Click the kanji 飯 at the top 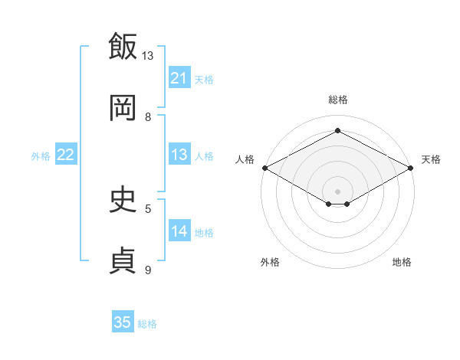coord(123,46)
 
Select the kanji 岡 coord(123,107)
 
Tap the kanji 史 coord(123,199)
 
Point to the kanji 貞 coord(123,260)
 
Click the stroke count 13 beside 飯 coord(147,56)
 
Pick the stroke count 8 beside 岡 coord(148,117)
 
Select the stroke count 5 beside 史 coord(148,209)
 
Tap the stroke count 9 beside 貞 coord(148,270)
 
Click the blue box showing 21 coord(179,77)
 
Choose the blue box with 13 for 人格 coord(179,154)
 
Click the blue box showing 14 coord(179,230)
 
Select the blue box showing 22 coord(66,154)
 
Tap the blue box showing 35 coord(123,321)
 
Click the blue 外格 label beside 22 coord(41,156)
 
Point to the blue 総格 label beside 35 coord(147,324)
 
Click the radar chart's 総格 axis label coord(338,100)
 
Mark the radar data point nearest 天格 coord(411,168)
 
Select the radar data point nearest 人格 coord(265,168)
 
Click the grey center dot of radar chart coord(337,191)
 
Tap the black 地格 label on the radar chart coord(402,262)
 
